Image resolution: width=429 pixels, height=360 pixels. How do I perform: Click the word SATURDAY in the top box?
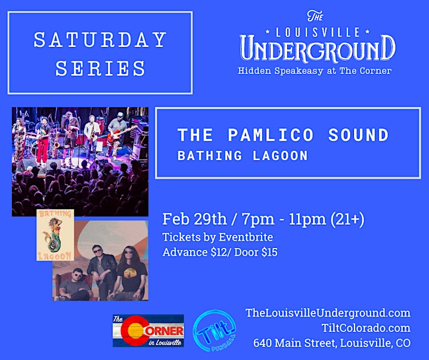(100, 40)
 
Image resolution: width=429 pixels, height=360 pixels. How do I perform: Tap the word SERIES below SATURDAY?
(100, 68)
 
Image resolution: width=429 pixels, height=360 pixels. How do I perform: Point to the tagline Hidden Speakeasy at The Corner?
(315, 71)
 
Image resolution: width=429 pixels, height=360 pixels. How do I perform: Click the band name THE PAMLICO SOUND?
(283, 135)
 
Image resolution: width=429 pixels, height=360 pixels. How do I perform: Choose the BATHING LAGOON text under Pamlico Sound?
(243, 156)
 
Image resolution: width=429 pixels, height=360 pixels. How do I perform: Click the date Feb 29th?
(194, 219)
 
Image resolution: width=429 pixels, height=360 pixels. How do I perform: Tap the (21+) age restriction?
(347, 219)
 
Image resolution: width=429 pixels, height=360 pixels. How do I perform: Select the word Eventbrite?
(245, 237)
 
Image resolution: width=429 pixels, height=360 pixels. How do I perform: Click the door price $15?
(269, 252)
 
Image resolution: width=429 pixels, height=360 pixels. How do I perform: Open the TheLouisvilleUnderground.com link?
(328, 313)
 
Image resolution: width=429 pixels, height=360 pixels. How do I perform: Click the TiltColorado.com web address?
(366, 328)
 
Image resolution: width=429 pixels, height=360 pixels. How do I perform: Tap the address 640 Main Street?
(295, 343)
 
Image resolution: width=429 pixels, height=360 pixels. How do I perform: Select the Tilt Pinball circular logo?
(214, 331)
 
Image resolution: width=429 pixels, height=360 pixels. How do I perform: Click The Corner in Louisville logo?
(148, 331)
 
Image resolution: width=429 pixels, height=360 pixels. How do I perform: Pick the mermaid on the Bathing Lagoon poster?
(55, 235)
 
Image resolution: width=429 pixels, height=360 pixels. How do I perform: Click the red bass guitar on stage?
(121, 134)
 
